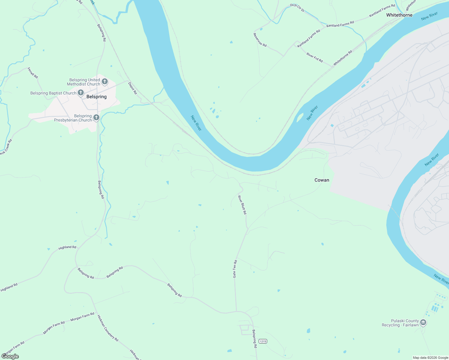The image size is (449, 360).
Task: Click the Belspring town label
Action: coord(96,97)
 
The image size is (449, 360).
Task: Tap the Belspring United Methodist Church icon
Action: coord(105,81)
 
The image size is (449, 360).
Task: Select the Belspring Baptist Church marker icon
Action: coord(81,93)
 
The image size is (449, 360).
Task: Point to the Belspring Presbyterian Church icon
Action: coord(96,118)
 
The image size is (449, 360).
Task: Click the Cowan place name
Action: coord(322,180)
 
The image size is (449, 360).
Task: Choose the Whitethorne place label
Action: coord(399,15)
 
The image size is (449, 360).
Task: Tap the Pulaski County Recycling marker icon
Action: coord(423,323)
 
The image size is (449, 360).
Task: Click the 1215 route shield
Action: coord(263,341)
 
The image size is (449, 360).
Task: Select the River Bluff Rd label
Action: coord(242,205)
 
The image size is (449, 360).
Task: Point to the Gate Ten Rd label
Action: coord(235,269)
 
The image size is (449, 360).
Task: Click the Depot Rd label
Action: coord(132,88)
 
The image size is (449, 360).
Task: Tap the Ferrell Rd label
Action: coord(33,73)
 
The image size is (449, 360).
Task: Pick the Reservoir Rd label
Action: coord(260,40)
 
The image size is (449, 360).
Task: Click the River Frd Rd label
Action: coord(315,57)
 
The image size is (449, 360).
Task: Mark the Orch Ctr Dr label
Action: coord(297,8)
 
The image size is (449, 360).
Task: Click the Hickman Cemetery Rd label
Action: coord(108,328)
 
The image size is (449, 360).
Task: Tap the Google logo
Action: coord(10,356)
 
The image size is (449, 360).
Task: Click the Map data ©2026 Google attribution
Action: coord(430,358)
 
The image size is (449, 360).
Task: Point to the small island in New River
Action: coord(300,118)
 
